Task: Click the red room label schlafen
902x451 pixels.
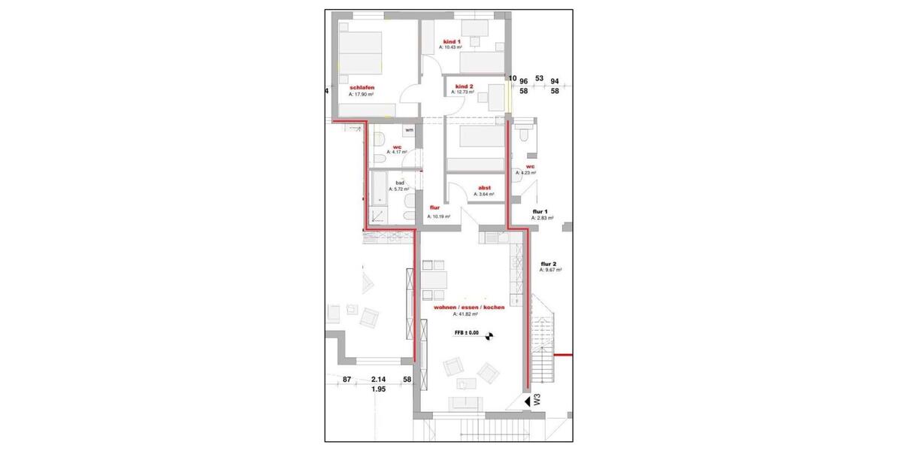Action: point(362,88)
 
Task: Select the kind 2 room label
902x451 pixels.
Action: point(464,86)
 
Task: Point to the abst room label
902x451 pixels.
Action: point(484,189)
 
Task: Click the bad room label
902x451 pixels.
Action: point(400,183)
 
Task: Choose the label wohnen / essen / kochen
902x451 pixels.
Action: point(468,307)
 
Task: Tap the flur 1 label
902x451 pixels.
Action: point(540,212)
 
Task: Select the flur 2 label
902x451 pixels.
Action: point(549,264)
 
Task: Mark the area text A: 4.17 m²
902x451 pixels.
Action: point(397,151)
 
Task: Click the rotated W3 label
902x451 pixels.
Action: point(537,400)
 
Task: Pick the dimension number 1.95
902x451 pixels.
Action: point(378,390)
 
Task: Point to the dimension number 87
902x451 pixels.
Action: point(347,380)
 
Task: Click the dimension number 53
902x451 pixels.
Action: point(539,78)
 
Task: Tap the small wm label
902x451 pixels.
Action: point(409,131)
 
